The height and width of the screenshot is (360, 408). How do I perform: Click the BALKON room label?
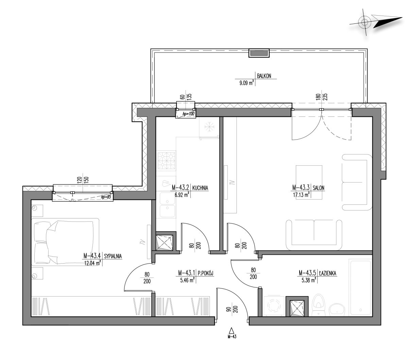tap(264, 76)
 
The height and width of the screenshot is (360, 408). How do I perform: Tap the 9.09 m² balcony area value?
tap(246, 83)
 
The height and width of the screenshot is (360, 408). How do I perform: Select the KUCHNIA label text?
tap(200, 188)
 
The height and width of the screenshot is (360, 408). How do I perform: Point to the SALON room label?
tap(318, 188)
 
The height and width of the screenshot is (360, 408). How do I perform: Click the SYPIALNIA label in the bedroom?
tap(113, 256)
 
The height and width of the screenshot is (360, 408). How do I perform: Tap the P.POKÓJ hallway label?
tap(205, 273)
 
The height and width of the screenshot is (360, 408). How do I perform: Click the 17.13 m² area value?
tap(301, 195)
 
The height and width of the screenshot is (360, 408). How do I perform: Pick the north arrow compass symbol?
tap(376, 22)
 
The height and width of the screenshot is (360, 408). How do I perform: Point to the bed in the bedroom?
tap(65, 242)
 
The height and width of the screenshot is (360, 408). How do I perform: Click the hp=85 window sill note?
tap(106, 197)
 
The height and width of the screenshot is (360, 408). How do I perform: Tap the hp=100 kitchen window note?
tap(188, 114)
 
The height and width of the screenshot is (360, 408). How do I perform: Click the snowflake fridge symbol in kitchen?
tap(209, 127)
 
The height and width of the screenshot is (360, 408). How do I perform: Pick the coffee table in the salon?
tap(309, 182)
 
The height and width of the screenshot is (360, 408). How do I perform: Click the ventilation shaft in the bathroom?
tap(297, 306)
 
